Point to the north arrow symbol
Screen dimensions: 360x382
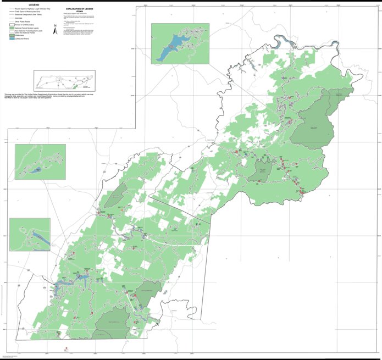(55, 31)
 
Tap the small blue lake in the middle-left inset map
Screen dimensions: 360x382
(35, 171)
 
